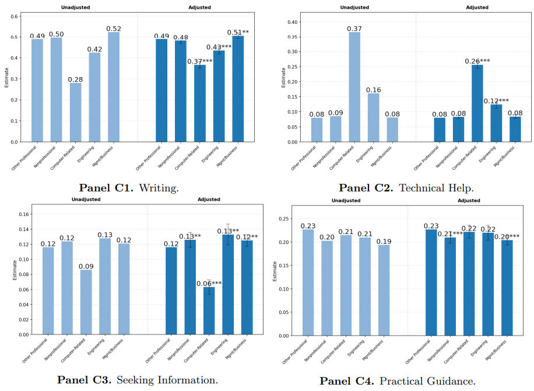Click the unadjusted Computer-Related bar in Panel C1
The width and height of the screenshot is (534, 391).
75,112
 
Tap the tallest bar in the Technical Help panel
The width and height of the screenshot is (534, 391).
354,87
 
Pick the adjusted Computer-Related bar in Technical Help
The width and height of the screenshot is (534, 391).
477,103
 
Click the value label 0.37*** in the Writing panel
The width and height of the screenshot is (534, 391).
200,61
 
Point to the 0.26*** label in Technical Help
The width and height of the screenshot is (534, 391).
477,61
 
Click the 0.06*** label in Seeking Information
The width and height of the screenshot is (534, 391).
209,284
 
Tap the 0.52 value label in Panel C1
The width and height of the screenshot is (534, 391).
114,29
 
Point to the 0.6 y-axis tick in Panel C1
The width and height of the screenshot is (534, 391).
16,16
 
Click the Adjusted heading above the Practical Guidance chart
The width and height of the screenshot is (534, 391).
469,200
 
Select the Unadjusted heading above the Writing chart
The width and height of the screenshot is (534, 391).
75,8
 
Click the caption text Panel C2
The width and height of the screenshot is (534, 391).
364,188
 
